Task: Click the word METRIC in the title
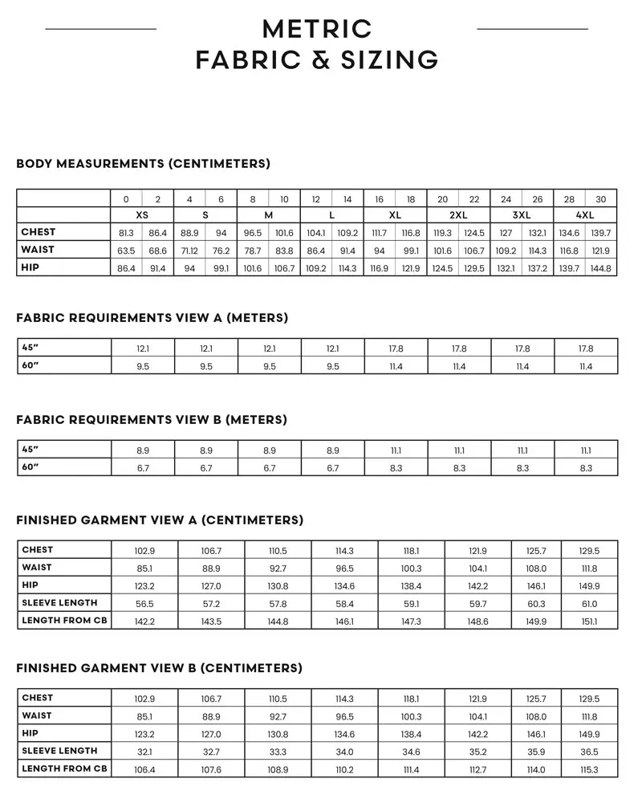click(317, 29)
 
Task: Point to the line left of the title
click(100, 29)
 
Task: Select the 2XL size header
click(458, 215)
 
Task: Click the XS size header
click(141, 215)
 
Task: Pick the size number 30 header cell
click(601, 199)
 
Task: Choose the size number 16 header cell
click(380, 199)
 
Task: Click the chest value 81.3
click(126, 233)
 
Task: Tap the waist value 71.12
click(189, 251)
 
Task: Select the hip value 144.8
click(601, 268)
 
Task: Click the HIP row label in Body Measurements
click(30, 267)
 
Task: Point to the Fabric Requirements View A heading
click(152, 318)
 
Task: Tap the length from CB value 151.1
click(588, 622)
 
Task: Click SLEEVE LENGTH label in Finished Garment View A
click(59, 603)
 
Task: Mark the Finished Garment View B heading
click(159, 668)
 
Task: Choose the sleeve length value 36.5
click(588, 752)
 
